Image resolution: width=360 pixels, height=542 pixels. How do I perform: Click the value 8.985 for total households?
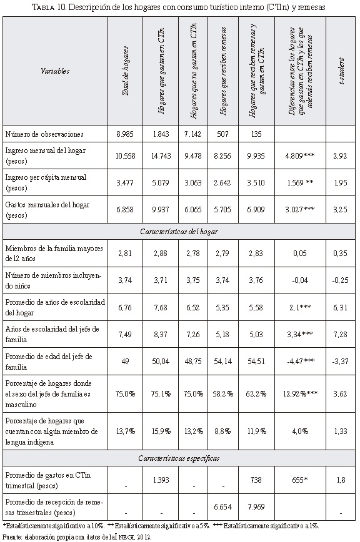[125, 134]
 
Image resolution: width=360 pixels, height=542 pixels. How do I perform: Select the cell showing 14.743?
[161, 156]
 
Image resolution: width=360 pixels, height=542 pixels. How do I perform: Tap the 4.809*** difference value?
[300, 156]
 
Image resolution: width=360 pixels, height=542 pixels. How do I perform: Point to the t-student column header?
[341, 71]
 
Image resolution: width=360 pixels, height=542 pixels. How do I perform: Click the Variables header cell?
[55, 71]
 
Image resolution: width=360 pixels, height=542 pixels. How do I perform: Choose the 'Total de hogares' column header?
[125, 71]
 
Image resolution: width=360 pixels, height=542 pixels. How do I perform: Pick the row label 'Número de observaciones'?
[44, 134]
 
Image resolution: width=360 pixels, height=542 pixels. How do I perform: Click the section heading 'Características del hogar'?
[179, 232]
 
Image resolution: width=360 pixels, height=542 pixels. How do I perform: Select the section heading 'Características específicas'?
[179, 458]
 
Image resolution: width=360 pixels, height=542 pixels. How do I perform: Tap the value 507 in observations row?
[222, 134]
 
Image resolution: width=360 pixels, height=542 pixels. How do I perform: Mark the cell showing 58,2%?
[222, 394]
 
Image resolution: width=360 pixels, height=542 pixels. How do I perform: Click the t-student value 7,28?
[340, 335]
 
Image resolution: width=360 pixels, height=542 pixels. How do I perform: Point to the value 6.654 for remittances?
[222, 507]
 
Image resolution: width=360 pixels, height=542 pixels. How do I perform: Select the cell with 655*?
[300, 480]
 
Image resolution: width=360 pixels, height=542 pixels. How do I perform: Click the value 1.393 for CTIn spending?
[161, 480]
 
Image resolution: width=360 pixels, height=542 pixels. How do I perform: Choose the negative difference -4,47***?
[301, 362]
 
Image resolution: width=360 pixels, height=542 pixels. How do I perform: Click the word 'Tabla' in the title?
[42, 7]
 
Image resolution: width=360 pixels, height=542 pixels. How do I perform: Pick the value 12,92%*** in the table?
[300, 394]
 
